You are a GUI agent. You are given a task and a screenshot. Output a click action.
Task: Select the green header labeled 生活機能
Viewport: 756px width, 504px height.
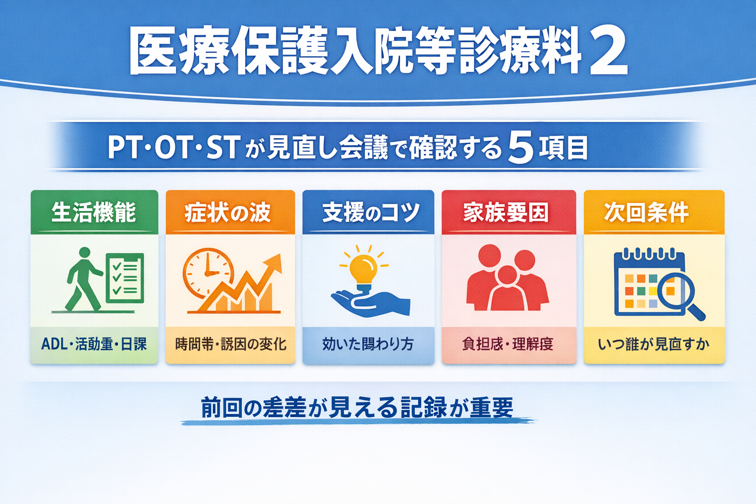click(x=94, y=213)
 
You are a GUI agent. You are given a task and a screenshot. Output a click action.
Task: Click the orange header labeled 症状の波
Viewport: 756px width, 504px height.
click(x=230, y=213)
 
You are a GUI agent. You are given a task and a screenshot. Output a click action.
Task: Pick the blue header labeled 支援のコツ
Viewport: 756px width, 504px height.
click(x=368, y=213)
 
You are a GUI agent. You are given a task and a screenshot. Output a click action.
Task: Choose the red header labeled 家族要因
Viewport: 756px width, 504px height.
click(x=508, y=213)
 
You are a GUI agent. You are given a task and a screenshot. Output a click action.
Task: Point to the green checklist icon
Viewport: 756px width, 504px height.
click(x=125, y=278)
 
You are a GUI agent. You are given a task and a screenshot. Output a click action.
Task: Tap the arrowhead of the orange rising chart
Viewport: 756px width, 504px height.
click(x=274, y=263)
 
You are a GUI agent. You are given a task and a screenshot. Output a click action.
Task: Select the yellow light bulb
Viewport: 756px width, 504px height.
click(x=363, y=269)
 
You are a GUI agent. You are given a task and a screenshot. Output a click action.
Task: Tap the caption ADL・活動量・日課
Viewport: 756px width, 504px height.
click(x=94, y=344)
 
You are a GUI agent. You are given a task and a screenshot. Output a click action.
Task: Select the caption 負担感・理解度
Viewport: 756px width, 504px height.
click(x=508, y=344)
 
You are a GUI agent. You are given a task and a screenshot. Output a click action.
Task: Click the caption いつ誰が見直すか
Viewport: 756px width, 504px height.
click(x=654, y=344)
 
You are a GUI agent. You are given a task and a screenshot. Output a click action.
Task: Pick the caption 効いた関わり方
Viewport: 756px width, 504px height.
click(x=368, y=344)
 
